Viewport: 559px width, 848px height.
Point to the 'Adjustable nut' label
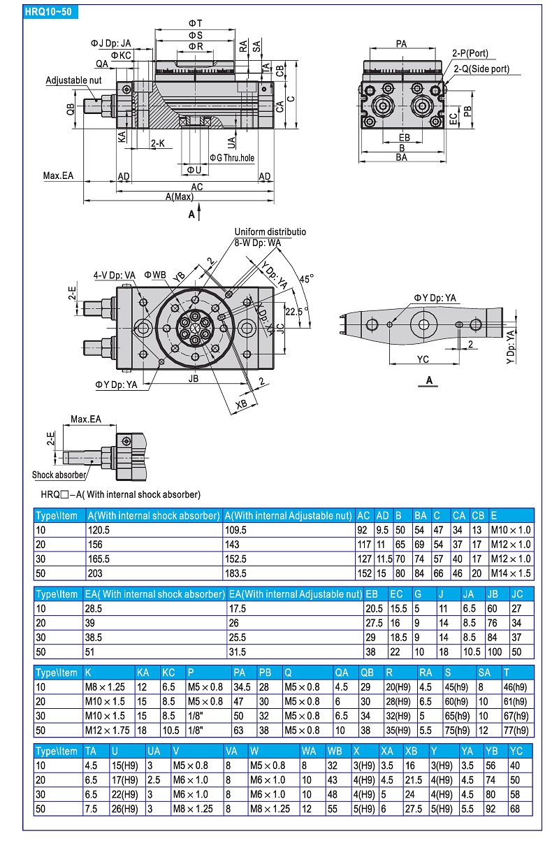click(74, 80)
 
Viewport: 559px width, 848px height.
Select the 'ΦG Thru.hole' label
click(232, 158)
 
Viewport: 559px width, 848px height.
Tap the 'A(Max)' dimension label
click(180, 197)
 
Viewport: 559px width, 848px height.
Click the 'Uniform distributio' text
click(270, 231)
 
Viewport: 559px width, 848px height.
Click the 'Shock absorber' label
click(59, 475)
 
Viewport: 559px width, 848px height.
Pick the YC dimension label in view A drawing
click(423, 359)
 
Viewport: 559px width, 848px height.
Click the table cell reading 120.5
click(99, 531)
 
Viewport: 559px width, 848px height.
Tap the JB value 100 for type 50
click(494, 652)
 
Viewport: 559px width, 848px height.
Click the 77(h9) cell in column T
click(516, 729)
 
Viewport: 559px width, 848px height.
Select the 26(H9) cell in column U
click(125, 808)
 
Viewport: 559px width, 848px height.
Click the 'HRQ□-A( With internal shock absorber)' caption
click(120, 494)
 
